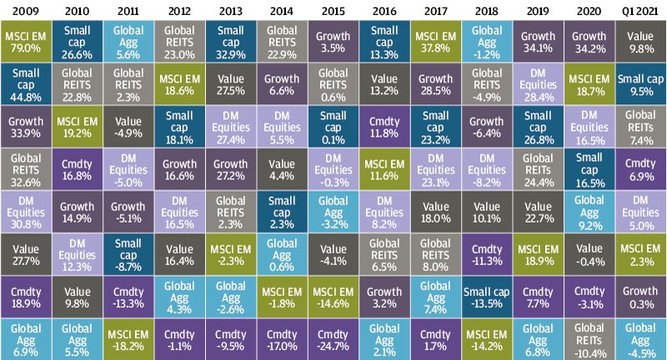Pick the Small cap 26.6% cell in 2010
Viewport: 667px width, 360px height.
click(77, 39)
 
